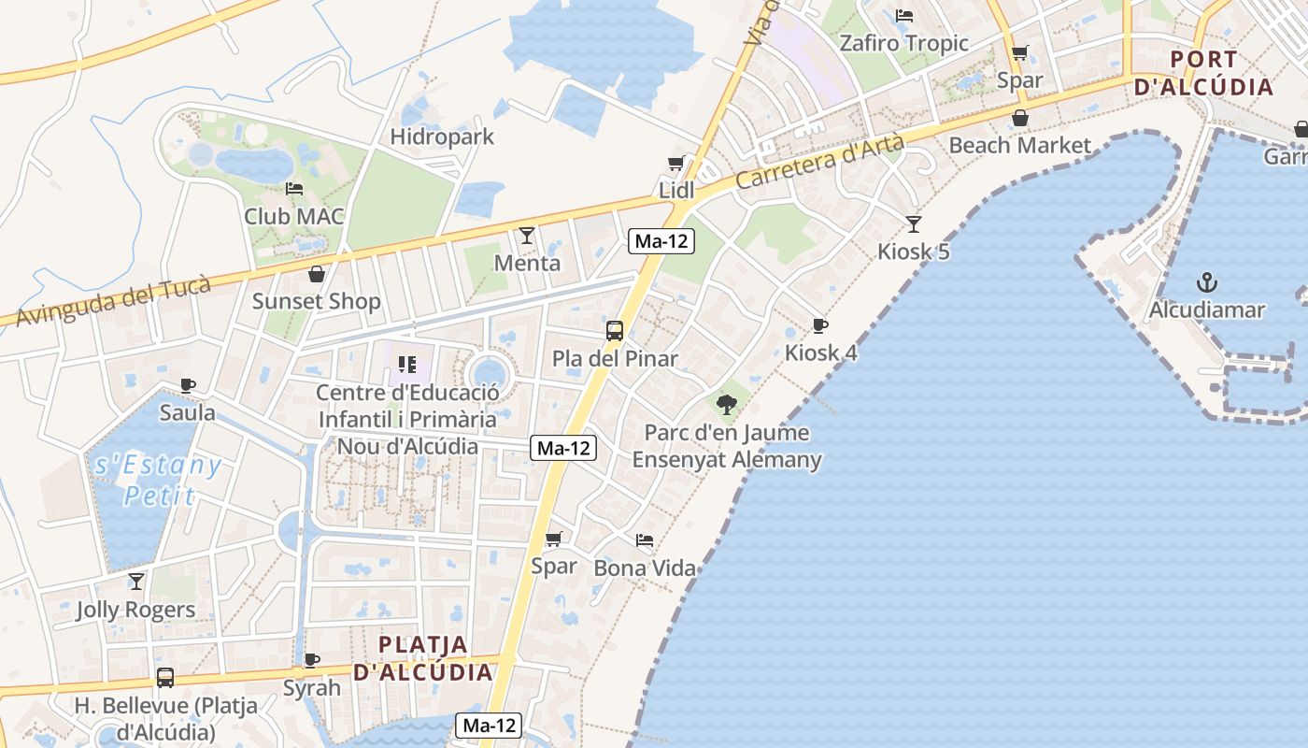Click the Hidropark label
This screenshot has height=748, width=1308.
(442, 137)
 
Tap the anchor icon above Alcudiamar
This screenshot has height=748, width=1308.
(1207, 281)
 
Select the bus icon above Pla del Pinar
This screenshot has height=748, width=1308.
(615, 330)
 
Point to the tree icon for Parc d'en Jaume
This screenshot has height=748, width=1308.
(727, 405)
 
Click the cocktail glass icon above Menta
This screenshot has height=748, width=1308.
(527, 236)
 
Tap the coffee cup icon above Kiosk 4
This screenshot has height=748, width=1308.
(820, 325)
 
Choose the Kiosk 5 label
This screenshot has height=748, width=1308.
(914, 252)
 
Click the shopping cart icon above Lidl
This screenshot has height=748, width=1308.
(676, 164)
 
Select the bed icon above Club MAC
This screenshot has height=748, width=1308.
(294, 189)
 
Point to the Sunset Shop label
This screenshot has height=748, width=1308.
(317, 302)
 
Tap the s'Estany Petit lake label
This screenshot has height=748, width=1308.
(158, 479)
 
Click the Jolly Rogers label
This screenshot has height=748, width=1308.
(136, 610)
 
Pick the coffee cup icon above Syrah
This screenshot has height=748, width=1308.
(312, 660)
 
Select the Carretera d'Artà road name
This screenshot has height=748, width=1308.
(819, 161)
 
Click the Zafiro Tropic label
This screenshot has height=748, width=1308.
(903, 43)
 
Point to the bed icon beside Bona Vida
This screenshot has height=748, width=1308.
(645, 539)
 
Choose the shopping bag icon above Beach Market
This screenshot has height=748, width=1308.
(1020, 118)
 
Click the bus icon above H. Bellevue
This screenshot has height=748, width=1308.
(165, 678)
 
